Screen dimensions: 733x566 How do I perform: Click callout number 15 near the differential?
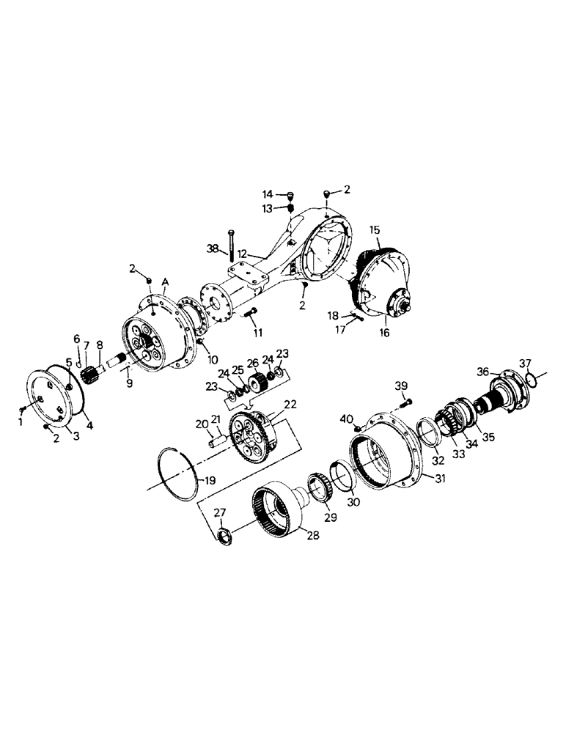pos(375,229)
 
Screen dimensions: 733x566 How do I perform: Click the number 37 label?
pos(525,363)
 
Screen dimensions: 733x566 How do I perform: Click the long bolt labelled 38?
pos(231,246)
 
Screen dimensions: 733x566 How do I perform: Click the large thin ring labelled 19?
pos(179,476)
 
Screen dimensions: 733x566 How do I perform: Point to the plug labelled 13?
pos(290,208)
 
